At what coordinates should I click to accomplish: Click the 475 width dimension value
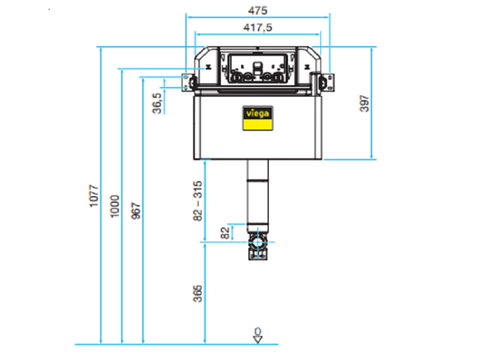(x=258, y=10)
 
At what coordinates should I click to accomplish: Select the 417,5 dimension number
(x=258, y=27)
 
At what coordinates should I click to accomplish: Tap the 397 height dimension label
(x=364, y=104)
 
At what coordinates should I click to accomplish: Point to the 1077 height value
(x=93, y=196)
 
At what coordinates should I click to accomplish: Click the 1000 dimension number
(x=115, y=207)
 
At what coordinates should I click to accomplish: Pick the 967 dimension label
(x=135, y=210)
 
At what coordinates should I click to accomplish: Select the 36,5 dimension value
(x=157, y=104)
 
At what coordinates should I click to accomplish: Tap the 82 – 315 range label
(x=198, y=201)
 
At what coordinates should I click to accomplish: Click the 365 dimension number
(x=198, y=293)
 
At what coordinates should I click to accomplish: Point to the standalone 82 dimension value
(x=225, y=233)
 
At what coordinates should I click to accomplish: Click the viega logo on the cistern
(x=258, y=118)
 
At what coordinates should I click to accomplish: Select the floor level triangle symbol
(x=258, y=340)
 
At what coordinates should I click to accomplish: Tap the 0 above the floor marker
(x=258, y=331)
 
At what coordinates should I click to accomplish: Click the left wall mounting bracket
(x=189, y=82)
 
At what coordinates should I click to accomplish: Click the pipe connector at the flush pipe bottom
(x=258, y=246)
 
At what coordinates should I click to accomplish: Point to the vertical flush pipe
(x=258, y=196)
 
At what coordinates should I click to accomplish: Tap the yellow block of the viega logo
(x=258, y=125)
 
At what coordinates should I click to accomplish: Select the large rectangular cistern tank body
(x=258, y=127)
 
